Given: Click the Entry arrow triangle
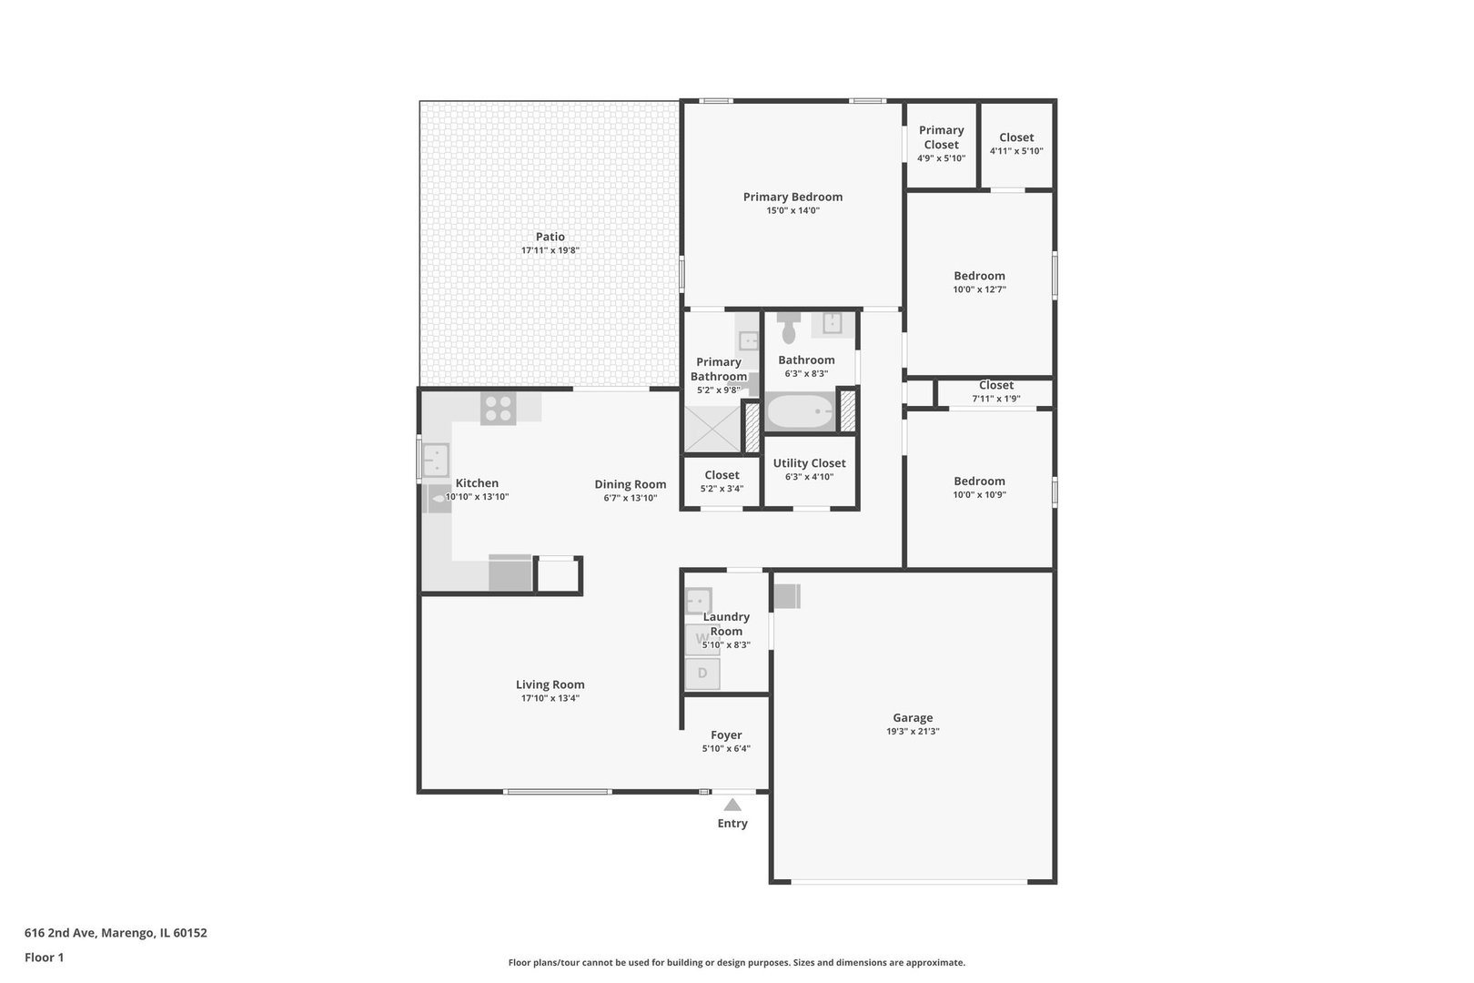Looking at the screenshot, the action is pyautogui.click(x=732, y=805).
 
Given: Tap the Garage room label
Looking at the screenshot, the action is pyautogui.click(x=913, y=717).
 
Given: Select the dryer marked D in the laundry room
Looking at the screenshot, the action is pyautogui.click(x=702, y=673).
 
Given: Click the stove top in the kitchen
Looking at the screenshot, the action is pyautogui.click(x=498, y=408).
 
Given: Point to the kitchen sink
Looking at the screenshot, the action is pyautogui.click(x=436, y=460).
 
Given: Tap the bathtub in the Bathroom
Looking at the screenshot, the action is pyautogui.click(x=801, y=411).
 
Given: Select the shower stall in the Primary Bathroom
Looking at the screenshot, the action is pyautogui.click(x=713, y=429).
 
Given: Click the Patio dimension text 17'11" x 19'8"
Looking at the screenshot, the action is pyautogui.click(x=550, y=250).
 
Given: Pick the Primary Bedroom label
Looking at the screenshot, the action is pyautogui.click(x=793, y=197).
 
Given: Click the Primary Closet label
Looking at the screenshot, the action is pyautogui.click(x=942, y=137).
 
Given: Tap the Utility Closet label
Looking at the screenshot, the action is pyautogui.click(x=810, y=463).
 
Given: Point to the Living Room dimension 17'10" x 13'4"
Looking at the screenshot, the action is pyautogui.click(x=550, y=698).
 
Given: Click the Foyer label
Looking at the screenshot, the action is pyautogui.click(x=726, y=735).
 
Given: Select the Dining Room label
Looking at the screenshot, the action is pyautogui.click(x=631, y=484).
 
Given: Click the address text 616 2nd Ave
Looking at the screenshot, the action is pyautogui.click(x=61, y=932).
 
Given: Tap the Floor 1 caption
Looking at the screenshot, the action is pyautogui.click(x=44, y=958).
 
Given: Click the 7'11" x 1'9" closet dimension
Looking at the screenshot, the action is pyautogui.click(x=996, y=399).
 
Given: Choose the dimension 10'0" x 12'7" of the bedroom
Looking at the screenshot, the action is pyautogui.click(x=980, y=289).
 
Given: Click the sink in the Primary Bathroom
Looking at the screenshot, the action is pyautogui.click(x=748, y=340).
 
